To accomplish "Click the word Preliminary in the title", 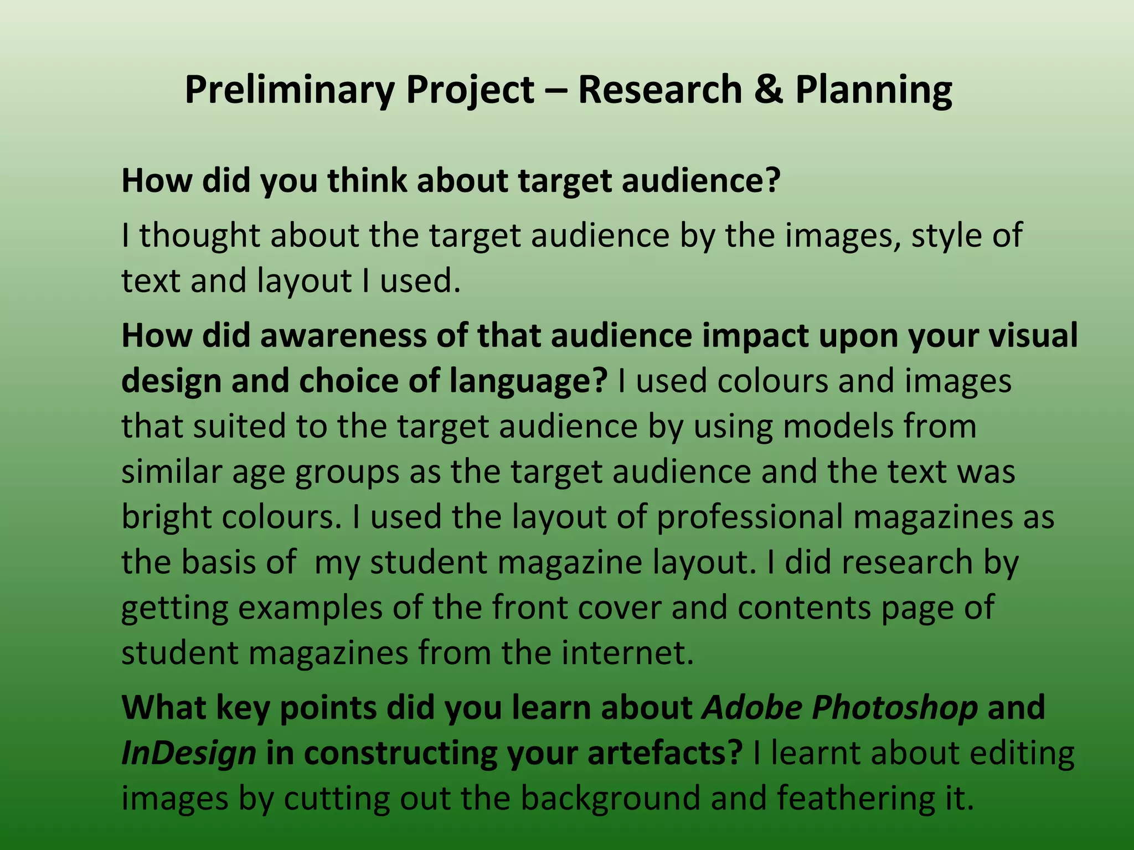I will [288, 90].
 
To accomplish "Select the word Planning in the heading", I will [874, 90].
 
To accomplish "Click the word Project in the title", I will [470, 90].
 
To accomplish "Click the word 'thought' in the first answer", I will [199, 236].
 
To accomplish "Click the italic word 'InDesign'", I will [188, 753].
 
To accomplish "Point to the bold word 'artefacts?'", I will [664, 753].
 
